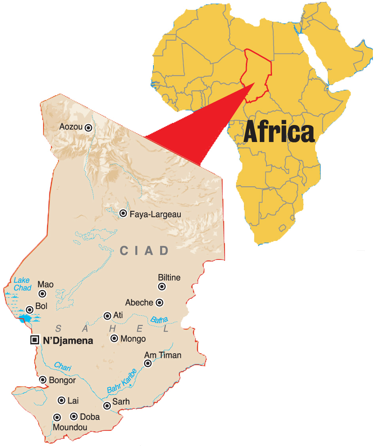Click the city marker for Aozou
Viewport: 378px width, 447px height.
pos(88,127)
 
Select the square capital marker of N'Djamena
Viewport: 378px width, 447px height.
pos(35,340)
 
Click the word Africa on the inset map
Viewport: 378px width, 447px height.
pos(279,132)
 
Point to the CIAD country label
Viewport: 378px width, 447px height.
pos(144,251)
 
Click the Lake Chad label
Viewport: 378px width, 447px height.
pos(22,284)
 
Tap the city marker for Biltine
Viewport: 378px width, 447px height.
pos(162,286)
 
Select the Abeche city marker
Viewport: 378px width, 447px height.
pos(160,303)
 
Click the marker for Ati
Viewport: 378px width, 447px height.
pos(107,316)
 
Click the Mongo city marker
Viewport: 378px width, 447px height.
pos(114,338)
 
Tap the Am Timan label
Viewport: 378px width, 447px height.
pos(163,355)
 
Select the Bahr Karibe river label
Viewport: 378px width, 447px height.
pos(122,381)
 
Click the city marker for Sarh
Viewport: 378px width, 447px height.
pos(107,405)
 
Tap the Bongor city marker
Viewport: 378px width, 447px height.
pos(43,380)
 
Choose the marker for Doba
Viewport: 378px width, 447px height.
pos(74,416)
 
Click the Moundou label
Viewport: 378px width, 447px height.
pos(70,427)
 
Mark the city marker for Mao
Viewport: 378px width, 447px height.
pos(42,294)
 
